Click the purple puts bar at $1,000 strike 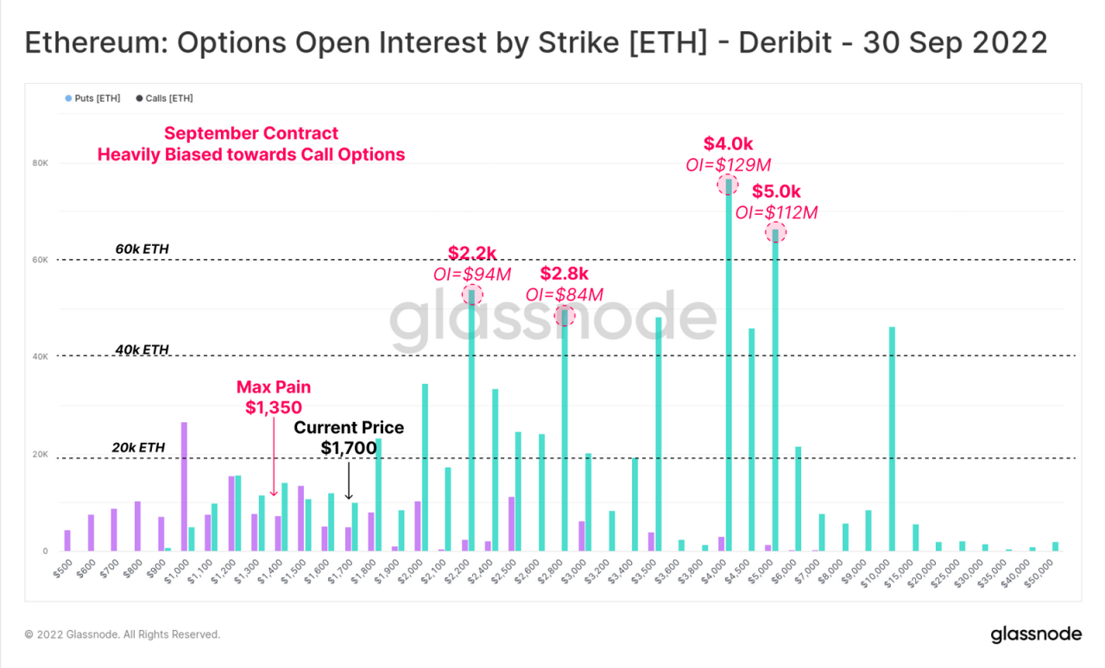pos(184,487)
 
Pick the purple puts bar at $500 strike pos(67,540)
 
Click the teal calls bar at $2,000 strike pos(425,467)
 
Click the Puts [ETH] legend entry pos(92,98)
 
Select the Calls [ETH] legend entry pos(164,98)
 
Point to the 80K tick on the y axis pos(41,163)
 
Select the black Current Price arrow pos(348,478)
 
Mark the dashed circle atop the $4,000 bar pos(728,183)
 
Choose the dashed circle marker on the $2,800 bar pos(564,315)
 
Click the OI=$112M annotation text pos(776,212)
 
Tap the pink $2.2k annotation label pos(471,253)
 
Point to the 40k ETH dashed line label pos(142,350)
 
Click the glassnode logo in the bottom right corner pos(1035,634)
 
